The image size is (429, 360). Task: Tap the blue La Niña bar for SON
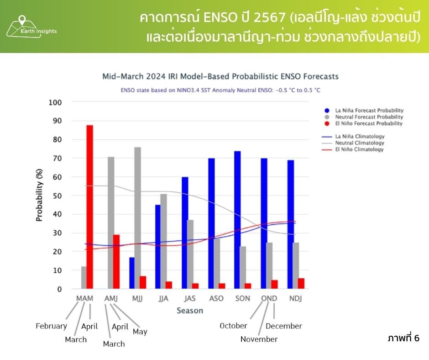237,220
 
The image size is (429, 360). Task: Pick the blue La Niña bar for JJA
158,247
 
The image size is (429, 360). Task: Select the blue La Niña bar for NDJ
290,224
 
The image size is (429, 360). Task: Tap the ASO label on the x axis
216,298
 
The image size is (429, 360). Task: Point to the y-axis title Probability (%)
39,195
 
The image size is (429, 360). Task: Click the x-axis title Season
190,311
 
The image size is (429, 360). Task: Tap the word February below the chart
51,326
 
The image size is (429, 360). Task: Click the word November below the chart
259,339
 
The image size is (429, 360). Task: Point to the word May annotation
140,332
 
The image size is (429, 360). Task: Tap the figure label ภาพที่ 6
403,339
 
